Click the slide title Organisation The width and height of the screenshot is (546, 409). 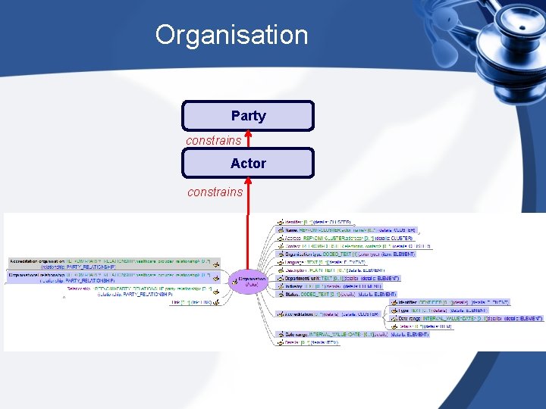231,35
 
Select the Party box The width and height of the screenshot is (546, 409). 248,116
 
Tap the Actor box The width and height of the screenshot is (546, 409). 248,163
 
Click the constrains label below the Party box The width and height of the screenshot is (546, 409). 214,140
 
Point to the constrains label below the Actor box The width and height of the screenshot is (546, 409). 215,192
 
